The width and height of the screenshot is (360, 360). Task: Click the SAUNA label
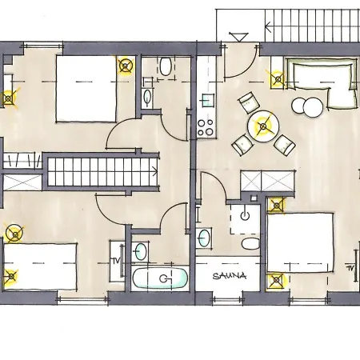tap(230, 275)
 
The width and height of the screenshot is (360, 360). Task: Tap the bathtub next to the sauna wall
tap(160, 278)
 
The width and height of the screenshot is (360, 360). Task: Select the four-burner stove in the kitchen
tap(206, 127)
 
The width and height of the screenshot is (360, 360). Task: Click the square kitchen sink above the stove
tap(208, 100)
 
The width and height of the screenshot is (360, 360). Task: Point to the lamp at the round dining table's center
tap(263, 126)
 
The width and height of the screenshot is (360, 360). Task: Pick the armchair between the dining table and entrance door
tap(249, 102)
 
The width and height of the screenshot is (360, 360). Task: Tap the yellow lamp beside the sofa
tap(278, 79)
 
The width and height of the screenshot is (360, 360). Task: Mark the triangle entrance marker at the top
tap(238, 37)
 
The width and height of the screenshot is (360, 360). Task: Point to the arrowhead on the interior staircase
tap(155, 171)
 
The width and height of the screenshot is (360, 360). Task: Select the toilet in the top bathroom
tap(166, 66)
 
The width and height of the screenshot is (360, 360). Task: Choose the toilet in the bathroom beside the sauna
tap(250, 244)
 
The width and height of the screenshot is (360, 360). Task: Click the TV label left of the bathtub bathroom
tap(116, 261)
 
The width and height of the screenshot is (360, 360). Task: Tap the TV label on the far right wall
tap(350, 267)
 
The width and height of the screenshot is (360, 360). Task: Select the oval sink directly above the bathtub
tap(141, 251)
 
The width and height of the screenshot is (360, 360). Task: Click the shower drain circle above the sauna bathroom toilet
tap(245, 215)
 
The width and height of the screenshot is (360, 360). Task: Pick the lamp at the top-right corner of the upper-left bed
tap(126, 66)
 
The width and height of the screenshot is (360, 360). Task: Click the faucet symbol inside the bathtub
tap(164, 278)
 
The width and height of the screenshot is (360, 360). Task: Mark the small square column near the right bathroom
tap(254, 198)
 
